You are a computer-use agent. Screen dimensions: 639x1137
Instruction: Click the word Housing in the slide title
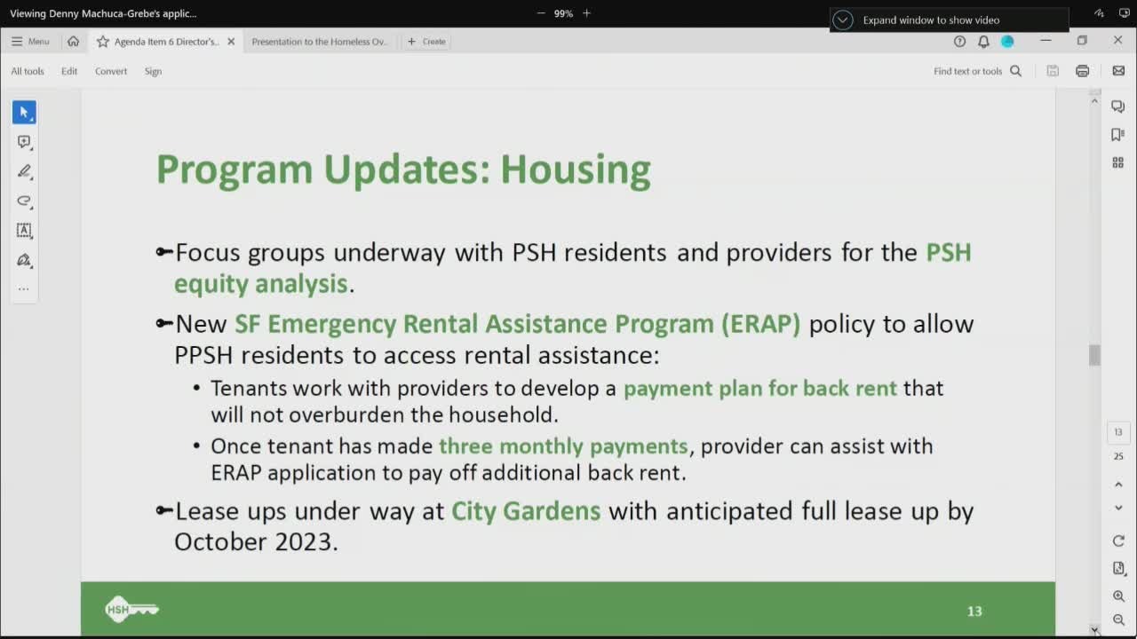click(575, 170)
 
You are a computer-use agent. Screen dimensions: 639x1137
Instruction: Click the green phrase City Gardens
click(526, 511)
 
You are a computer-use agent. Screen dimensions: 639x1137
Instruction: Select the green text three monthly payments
click(563, 446)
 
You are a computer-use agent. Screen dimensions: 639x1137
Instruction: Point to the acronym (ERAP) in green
click(759, 324)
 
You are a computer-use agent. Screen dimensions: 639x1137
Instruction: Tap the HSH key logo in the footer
click(131, 609)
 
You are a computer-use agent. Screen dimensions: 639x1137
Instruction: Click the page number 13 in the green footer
click(974, 611)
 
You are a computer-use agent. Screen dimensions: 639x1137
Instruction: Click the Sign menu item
click(153, 71)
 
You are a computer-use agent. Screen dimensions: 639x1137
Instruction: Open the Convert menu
click(111, 71)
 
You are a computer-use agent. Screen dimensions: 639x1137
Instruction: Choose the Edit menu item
click(69, 71)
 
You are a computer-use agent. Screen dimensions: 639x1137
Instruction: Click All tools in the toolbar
click(28, 71)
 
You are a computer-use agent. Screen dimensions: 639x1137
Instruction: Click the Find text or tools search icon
click(1016, 71)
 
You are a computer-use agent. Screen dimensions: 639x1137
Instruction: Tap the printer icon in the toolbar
click(1082, 71)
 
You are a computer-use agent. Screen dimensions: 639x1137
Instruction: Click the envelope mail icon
click(1118, 71)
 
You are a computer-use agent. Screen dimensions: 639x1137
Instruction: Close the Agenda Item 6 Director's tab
click(231, 42)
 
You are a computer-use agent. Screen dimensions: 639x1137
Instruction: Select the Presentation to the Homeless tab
click(320, 42)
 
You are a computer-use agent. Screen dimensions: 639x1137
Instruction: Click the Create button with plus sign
click(426, 42)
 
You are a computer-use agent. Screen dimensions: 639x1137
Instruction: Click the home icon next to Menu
click(73, 42)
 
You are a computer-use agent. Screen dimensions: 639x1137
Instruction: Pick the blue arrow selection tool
click(24, 113)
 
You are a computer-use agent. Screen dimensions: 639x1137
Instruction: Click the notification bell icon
click(983, 42)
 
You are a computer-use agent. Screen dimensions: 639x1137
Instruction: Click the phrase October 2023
click(256, 541)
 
